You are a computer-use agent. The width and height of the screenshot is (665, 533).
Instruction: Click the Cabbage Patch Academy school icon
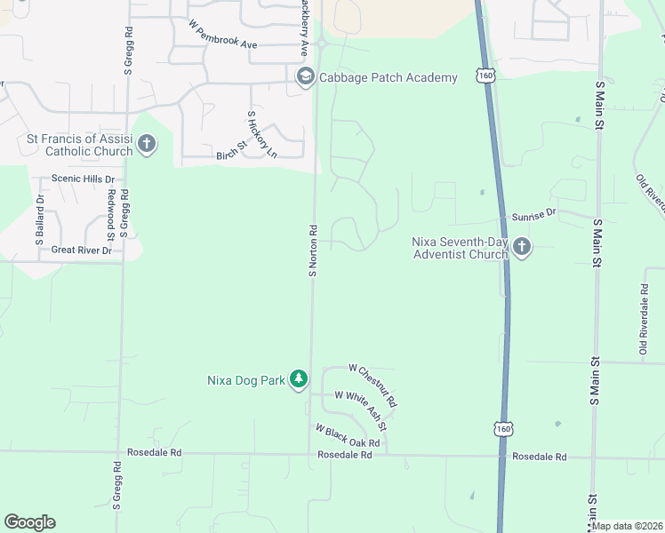[306, 77]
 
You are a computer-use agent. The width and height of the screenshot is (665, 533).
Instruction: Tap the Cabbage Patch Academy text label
[388, 77]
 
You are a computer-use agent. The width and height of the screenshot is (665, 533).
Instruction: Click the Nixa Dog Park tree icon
[300, 380]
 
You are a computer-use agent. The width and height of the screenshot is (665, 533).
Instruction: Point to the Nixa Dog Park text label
[245, 380]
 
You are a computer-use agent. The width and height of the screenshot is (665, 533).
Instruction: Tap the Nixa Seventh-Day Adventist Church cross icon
[521, 248]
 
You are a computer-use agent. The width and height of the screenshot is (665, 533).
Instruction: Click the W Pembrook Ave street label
[222, 34]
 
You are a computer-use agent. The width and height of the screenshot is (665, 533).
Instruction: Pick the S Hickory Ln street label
[261, 134]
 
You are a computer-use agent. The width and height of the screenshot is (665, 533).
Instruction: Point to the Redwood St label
[111, 215]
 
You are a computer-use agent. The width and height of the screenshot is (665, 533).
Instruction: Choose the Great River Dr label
[81, 251]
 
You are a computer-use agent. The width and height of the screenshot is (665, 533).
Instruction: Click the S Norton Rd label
[313, 249]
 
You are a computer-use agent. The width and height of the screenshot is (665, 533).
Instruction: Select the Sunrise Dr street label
[533, 214]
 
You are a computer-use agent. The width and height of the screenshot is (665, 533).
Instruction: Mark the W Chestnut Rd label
[373, 385]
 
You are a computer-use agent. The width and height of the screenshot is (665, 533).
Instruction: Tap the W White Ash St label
[360, 402]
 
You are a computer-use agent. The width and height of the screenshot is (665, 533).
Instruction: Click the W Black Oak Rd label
[347, 435]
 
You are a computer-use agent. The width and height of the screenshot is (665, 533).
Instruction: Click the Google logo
[29, 522]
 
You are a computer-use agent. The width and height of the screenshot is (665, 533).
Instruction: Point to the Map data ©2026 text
[627, 526]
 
